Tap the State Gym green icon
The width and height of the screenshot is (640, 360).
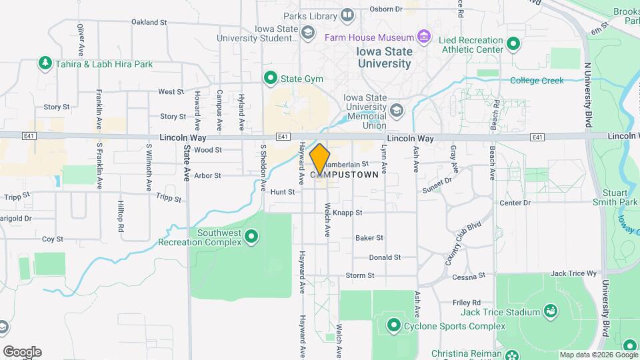[271, 79]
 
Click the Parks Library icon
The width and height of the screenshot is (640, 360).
[347, 15]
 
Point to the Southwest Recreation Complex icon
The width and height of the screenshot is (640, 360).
[251, 236]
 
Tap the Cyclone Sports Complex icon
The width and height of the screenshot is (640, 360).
[393, 325]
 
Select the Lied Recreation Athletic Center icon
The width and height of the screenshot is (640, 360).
[513, 44]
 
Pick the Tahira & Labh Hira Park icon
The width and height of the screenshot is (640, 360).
[45, 64]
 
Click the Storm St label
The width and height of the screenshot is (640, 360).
[360, 275]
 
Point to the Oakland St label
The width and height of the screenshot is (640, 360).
[149, 22]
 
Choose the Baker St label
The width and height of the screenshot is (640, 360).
[369, 237]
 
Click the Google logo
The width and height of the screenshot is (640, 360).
[22, 352]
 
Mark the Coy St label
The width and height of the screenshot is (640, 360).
[52, 239]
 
